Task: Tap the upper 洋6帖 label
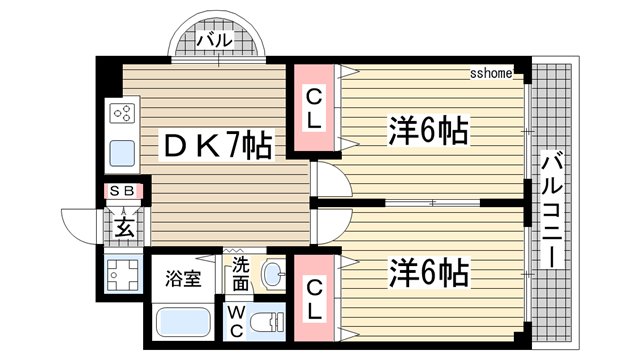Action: pos(429,131)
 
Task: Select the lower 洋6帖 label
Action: pos(429,272)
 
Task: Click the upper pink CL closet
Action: pos(314,107)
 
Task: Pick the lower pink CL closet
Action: pos(314,298)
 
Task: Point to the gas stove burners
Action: pos(122,113)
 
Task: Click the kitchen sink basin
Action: pos(122,153)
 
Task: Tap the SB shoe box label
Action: pos(122,191)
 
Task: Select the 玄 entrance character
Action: pos(124,228)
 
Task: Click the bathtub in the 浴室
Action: pos(183,322)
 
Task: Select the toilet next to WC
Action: pos(266,323)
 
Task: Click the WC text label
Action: pos(237,322)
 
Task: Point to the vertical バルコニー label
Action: pos(552,209)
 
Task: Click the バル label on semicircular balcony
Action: pos(215,40)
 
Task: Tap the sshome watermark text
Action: pos(491,73)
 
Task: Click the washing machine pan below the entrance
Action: pos(123,274)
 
